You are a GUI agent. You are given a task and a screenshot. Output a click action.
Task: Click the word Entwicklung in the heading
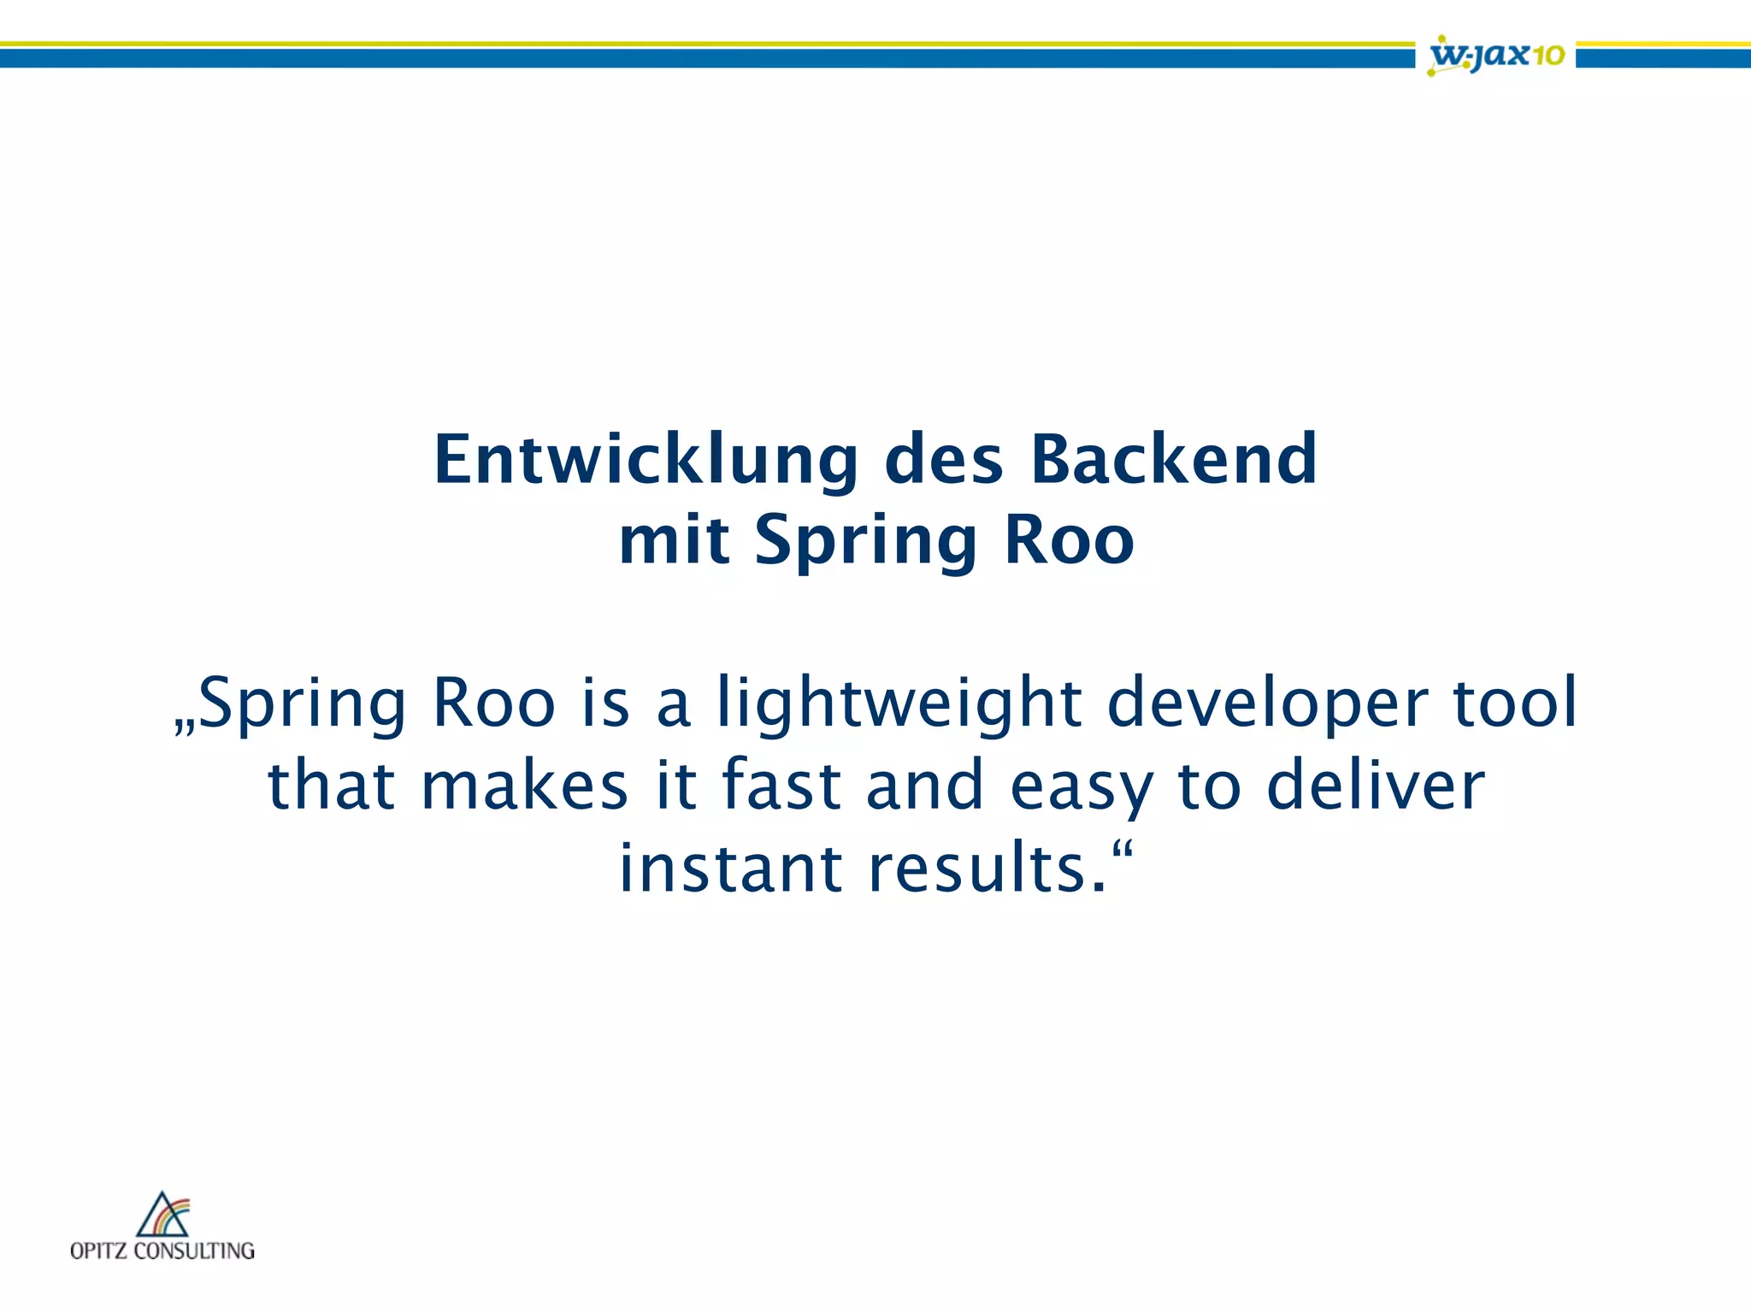tap(646, 461)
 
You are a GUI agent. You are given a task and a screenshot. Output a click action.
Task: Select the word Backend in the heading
tap(1174, 461)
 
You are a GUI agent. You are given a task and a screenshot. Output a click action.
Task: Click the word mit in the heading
tap(674, 541)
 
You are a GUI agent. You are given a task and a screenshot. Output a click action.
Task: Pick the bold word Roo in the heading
tap(1069, 541)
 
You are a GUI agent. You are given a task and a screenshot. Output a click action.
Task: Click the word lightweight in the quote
tap(899, 704)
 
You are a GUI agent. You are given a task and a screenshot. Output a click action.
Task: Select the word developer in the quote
tap(1267, 704)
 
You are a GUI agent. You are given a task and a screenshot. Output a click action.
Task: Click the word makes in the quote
tap(524, 786)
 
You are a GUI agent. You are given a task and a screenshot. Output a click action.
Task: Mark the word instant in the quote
tap(730, 868)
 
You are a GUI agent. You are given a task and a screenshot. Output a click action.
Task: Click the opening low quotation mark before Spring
tap(185, 727)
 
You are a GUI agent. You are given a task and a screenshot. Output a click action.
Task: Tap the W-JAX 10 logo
tap(1496, 56)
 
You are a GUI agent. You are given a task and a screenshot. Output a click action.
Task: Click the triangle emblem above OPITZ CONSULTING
tap(162, 1215)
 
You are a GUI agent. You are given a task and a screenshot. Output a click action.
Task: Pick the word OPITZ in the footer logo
tap(99, 1251)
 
